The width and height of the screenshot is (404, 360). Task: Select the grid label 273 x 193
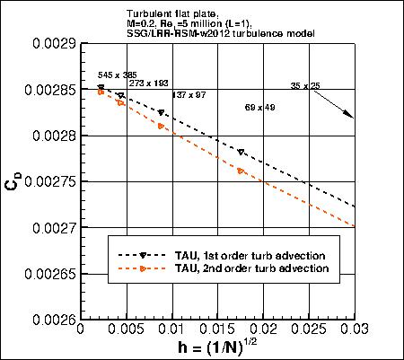149,83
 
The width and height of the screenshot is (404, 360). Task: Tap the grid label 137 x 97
189,94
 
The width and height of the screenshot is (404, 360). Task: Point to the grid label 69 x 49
261,107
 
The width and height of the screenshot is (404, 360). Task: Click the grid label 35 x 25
306,85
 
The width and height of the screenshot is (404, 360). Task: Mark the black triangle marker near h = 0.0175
241,152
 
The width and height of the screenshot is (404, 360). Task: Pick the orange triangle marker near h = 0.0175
241,171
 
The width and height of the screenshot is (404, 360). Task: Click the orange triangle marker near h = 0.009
161,127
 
